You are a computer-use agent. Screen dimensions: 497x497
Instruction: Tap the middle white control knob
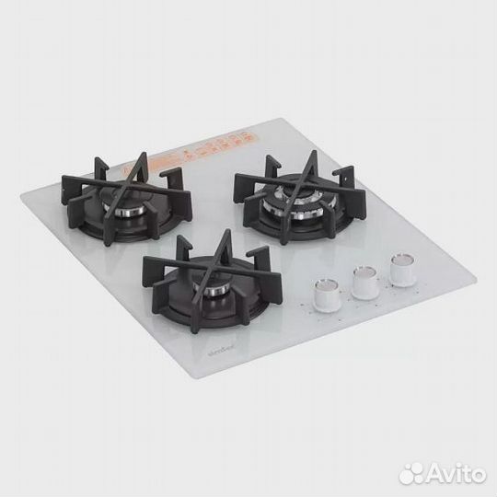[x=364, y=281]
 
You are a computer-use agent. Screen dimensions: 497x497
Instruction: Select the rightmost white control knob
[x=400, y=268]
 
